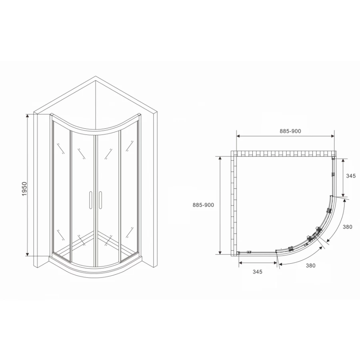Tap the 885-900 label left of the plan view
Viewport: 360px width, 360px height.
[x=203, y=204]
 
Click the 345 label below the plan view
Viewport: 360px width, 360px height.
[x=257, y=272]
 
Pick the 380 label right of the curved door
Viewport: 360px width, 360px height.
[x=347, y=227]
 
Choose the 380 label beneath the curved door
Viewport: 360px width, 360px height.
[x=311, y=265]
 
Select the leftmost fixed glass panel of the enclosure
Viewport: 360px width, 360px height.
[x=61, y=188]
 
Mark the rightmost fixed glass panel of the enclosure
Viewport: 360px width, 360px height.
[x=130, y=188]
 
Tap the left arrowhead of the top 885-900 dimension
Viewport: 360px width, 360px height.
[x=239, y=136]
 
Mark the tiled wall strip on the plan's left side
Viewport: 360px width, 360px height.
[x=234, y=204]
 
